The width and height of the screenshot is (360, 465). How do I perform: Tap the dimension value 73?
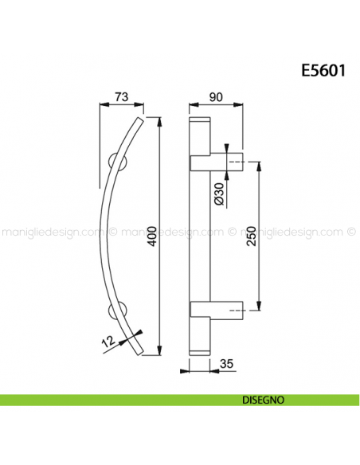(x=122, y=96)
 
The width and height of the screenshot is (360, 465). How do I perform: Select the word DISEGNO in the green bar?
(x=256, y=401)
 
